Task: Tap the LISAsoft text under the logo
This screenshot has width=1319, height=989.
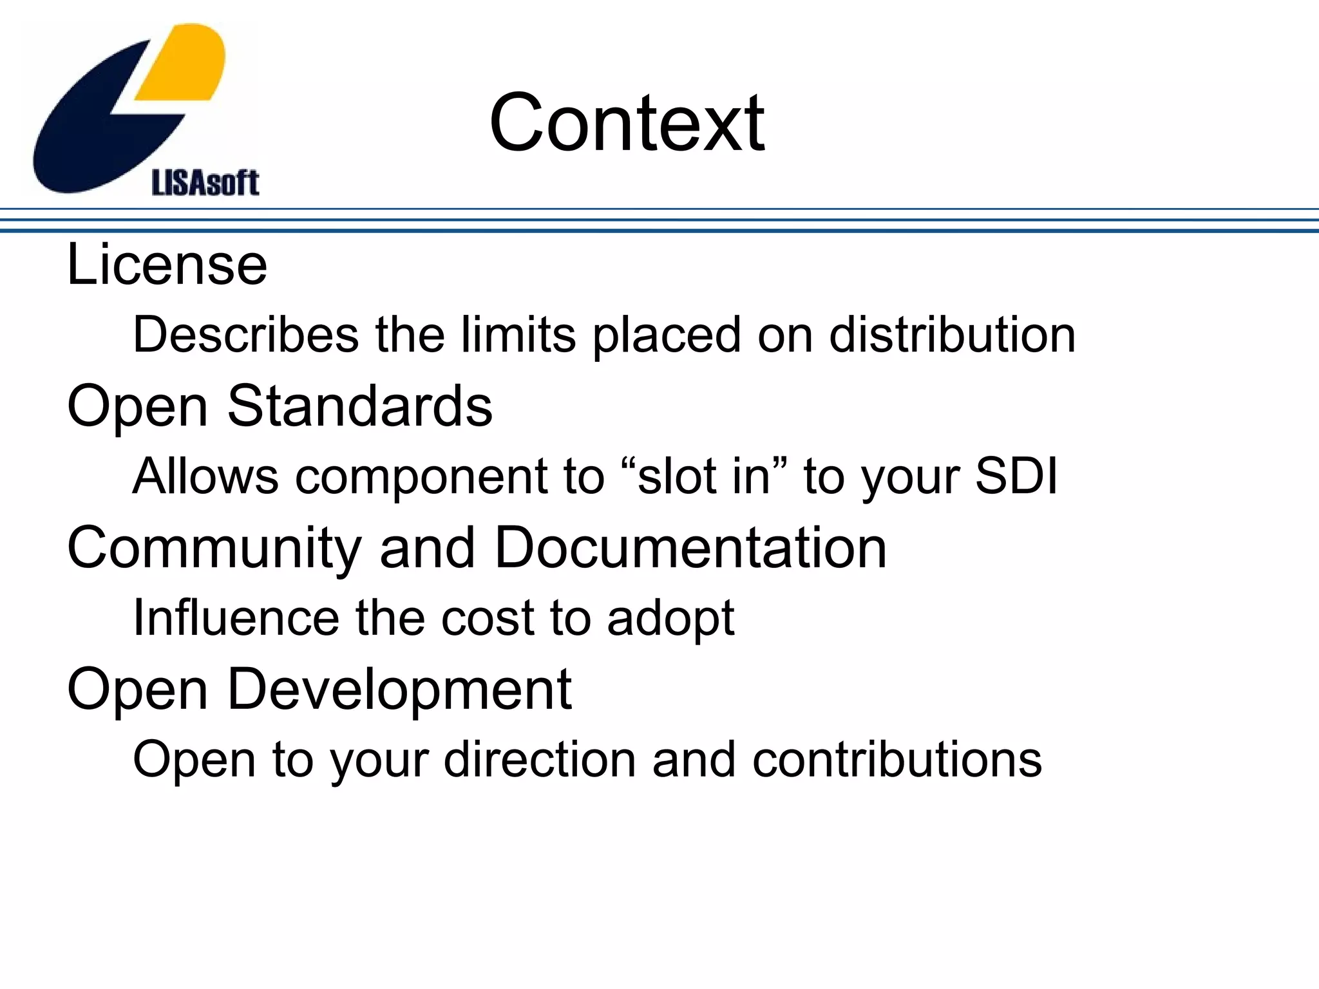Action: (205, 183)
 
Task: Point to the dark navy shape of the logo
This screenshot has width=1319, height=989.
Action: (97, 129)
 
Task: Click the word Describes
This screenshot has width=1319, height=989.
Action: (245, 335)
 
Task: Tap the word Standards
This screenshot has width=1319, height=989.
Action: (359, 406)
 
